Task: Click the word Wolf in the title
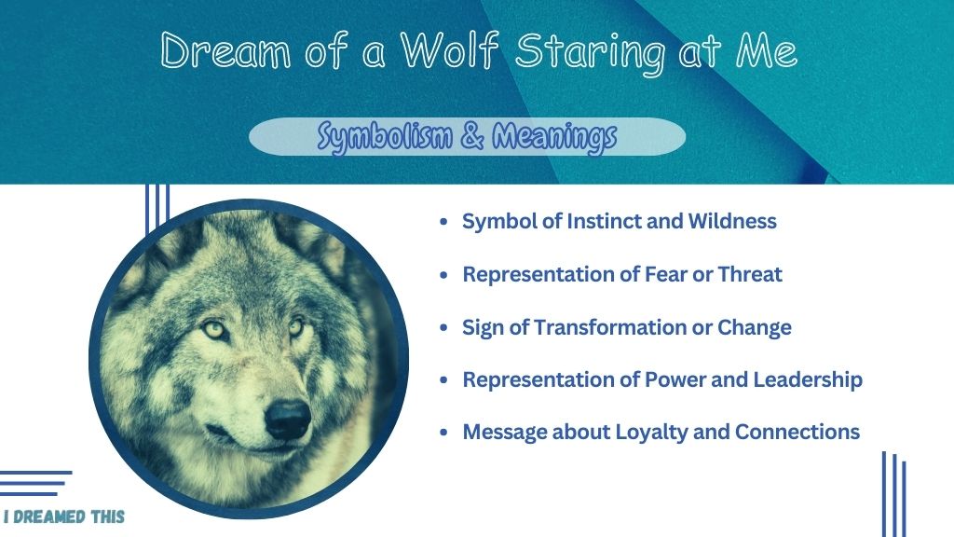[450, 49]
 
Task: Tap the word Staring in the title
[590, 53]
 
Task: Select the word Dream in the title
[225, 50]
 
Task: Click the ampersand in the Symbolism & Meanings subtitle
[472, 135]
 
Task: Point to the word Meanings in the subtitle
[554, 136]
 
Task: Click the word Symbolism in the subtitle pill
[385, 136]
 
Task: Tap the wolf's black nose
[288, 419]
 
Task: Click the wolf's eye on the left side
[215, 330]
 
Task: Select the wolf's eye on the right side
[296, 327]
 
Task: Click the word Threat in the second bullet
[750, 274]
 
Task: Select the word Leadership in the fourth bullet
[808, 379]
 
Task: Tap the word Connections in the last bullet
[797, 432]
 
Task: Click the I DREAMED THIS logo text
[64, 516]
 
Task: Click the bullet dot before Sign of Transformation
[443, 327]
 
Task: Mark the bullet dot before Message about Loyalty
[443, 433]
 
